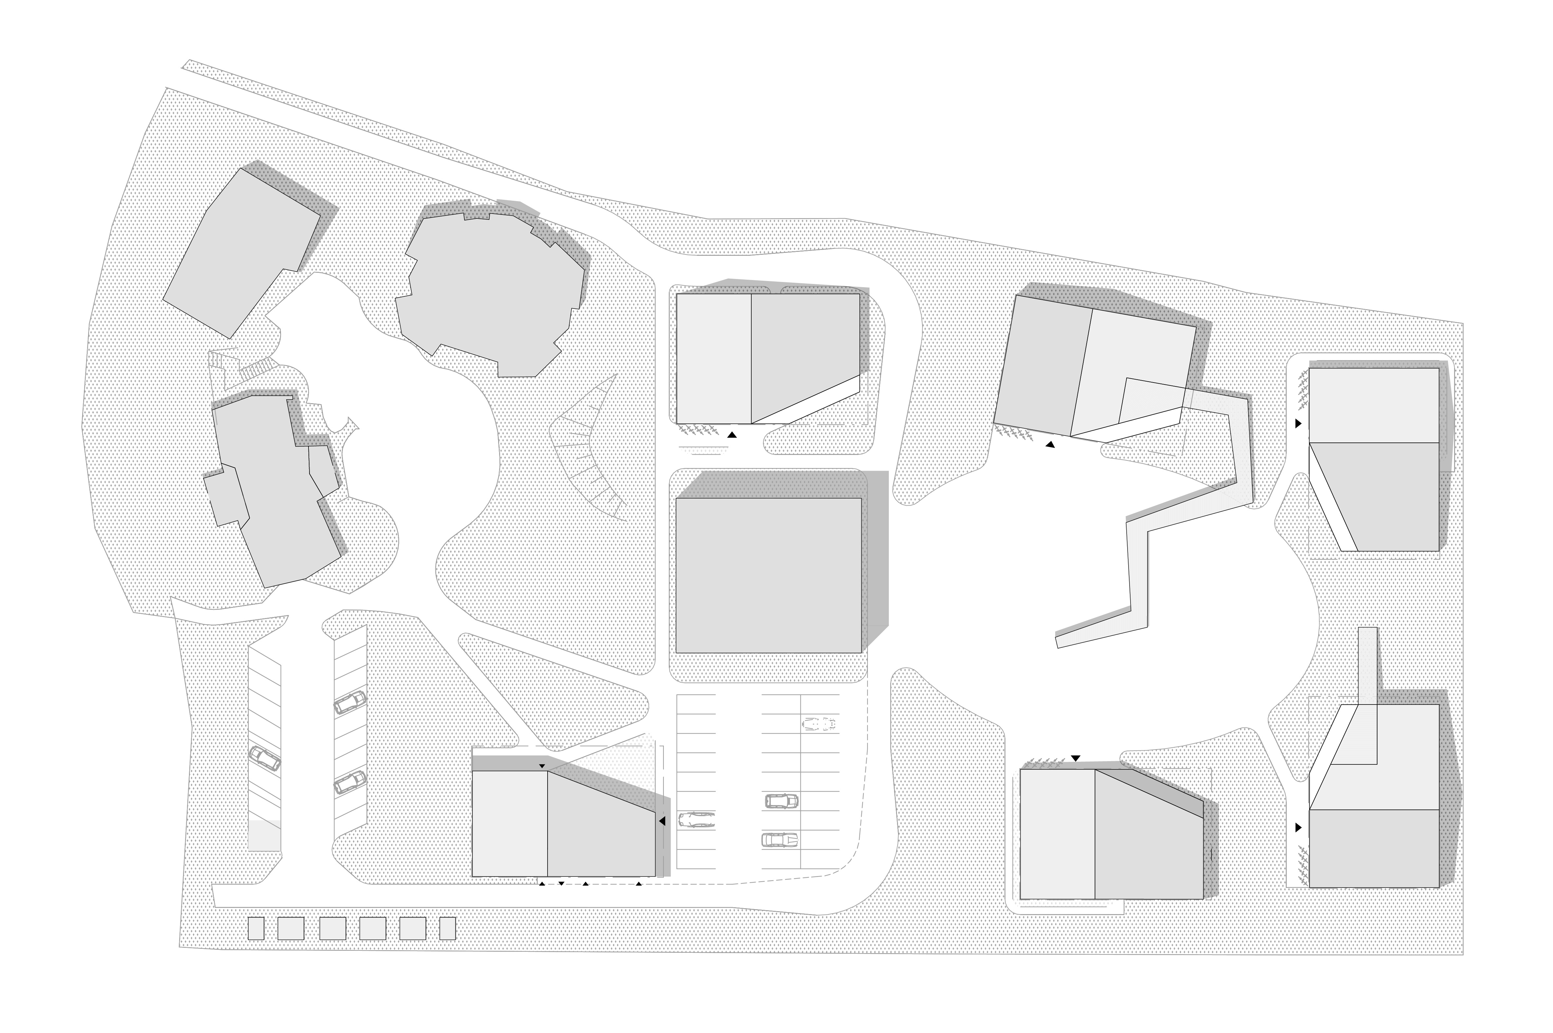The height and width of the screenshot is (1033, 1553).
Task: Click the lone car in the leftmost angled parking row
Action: coord(265,759)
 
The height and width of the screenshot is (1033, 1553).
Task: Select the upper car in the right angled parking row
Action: coord(350,703)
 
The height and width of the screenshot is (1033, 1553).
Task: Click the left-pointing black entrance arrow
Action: coord(662,821)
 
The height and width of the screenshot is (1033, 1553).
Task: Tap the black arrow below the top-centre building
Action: coord(732,435)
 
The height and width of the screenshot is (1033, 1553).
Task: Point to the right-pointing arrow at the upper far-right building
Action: coord(1298,423)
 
